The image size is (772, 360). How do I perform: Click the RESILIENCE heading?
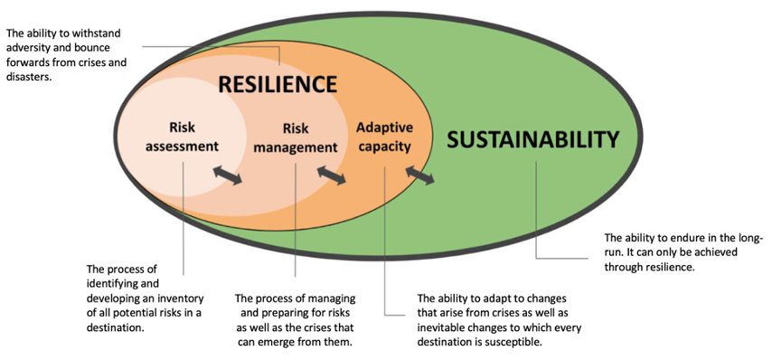[x=278, y=85]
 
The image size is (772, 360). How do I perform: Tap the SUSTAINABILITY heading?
[x=533, y=139]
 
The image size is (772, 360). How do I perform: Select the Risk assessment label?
[x=182, y=137]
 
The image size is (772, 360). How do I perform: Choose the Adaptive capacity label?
[x=384, y=137]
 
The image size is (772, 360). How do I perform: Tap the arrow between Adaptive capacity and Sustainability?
[x=420, y=174]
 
